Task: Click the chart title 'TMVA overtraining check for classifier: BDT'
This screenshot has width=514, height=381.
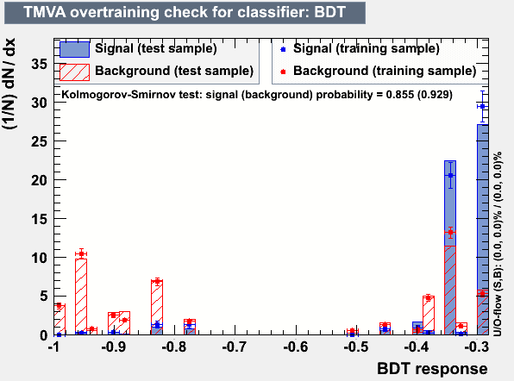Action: pos(185,12)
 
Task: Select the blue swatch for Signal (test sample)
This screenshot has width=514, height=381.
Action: pos(74,49)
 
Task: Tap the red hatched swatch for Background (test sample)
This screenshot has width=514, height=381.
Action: pos(74,72)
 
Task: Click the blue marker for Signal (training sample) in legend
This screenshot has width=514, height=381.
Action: pos(283,49)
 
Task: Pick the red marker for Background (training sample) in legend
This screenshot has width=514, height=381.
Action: pos(283,72)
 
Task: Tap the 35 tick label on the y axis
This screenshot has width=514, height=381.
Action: pos(40,64)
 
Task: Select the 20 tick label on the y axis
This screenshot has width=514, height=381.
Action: pos(40,180)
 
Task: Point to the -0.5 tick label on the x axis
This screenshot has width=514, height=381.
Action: pos(355,347)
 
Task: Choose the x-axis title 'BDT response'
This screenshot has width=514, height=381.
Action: pos(432,369)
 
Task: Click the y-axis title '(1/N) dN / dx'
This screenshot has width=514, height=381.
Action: pos(9,84)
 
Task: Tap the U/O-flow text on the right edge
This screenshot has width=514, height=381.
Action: pos(498,244)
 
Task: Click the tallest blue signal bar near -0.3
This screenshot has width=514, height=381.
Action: pos(483,229)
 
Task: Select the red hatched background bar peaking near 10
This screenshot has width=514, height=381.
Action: pos(81,297)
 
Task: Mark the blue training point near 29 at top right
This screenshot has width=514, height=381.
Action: pos(482,107)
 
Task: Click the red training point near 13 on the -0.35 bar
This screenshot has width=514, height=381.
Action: pos(450,233)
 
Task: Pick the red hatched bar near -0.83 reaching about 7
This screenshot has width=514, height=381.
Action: pos(157,307)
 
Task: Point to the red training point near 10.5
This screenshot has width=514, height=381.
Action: pos(81,253)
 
